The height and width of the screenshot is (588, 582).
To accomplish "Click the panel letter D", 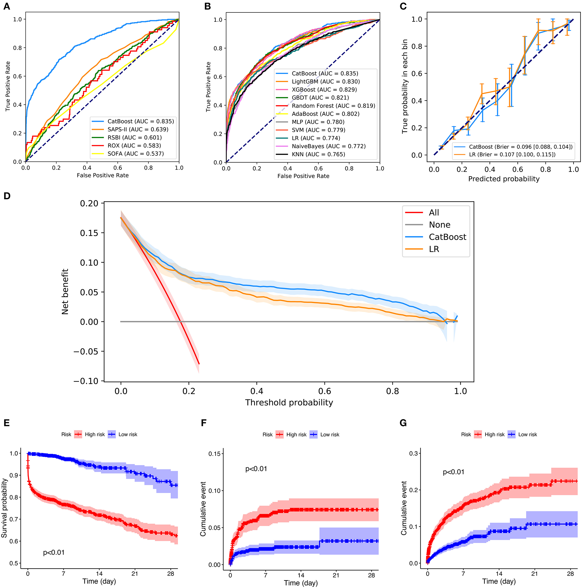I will pyautogui.click(x=7, y=196).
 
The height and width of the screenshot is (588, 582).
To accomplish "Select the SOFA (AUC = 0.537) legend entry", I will pyautogui.click(x=135, y=154).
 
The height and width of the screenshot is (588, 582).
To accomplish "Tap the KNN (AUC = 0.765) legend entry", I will pyautogui.click(x=318, y=154).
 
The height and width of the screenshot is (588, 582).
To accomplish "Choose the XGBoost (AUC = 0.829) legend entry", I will pyautogui.click(x=324, y=90).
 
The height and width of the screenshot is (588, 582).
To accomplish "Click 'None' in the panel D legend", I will pyautogui.click(x=439, y=225).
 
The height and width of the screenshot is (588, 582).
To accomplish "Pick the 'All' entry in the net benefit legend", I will pyautogui.click(x=434, y=213).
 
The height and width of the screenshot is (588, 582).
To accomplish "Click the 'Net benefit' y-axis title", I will pyautogui.click(x=65, y=291).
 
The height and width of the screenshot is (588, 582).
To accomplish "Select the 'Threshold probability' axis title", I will pyautogui.click(x=289, y=402).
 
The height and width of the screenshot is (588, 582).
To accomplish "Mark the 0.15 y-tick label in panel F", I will pyautogui.click(x=214, y=454).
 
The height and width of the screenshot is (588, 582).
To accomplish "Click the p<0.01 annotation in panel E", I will pyautogui.click(x=54, y=552).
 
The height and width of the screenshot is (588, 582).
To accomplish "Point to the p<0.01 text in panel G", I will pyautogui.click(x=453, y=472).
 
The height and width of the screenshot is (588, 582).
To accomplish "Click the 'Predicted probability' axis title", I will pyautogui.click(x=503, y=179).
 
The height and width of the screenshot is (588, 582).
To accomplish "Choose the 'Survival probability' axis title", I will pyautogui.click(x=4, y=508).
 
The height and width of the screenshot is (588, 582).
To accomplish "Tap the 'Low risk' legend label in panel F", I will pyautogui.click(x=330, y=435).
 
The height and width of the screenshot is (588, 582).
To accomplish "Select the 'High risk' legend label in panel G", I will pyautogui.click(x=494, y=435).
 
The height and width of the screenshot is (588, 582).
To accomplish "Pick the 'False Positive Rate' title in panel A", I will pyautogui.click(x=103, y=175).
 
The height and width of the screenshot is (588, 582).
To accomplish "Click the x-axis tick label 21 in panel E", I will pyautogui.click(x=135, y=574).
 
